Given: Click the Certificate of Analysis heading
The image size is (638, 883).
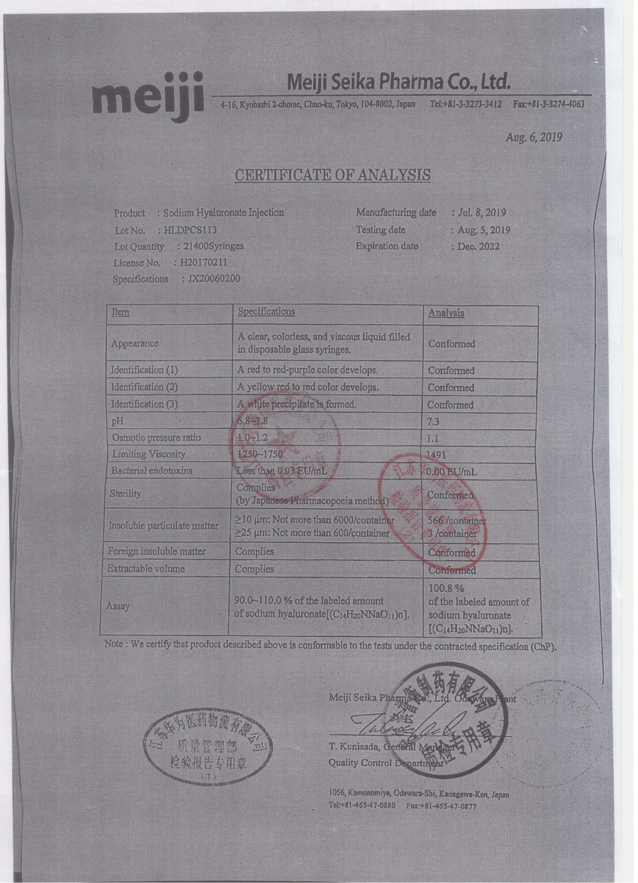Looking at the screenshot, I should tap(333, 175).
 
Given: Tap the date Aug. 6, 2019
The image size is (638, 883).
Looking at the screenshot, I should tap(533, 138).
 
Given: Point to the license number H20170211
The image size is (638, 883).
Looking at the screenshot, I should tap(203, 263).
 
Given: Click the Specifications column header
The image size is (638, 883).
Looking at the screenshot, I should tap(266, 312).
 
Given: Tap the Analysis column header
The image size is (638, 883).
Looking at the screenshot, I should tap(446, 313).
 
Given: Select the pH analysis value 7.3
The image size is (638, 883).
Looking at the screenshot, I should tap(433, 422).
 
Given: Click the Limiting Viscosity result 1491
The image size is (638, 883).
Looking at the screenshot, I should tap(436, 455).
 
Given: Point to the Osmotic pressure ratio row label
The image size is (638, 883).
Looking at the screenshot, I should tap(156, 438).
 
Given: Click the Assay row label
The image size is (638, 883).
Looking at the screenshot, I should tap(118, 606).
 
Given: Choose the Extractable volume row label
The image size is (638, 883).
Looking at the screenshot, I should tap(146, 569).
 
